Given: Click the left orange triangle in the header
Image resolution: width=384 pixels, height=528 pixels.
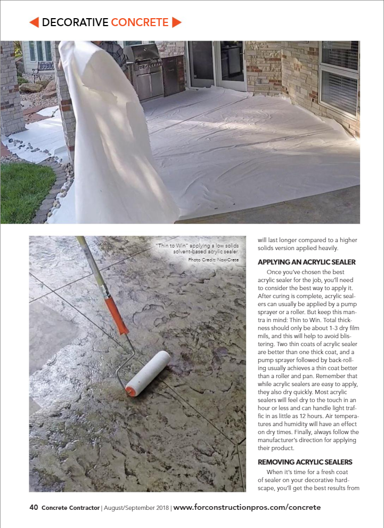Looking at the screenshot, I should [34, 22].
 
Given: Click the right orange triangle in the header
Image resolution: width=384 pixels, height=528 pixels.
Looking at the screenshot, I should [177, 22].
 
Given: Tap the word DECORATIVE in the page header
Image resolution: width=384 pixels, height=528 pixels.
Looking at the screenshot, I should [75, 22].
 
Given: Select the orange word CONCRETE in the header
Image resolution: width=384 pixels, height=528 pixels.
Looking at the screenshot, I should [140, 22].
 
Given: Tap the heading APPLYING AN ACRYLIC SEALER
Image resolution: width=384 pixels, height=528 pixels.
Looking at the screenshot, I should [306, 262].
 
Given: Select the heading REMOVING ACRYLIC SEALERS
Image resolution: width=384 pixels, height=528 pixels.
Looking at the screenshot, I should [305, 461].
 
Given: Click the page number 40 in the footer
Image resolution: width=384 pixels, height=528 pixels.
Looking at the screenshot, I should [34, 507].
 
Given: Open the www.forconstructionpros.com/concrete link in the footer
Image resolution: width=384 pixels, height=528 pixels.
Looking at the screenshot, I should [247, 507].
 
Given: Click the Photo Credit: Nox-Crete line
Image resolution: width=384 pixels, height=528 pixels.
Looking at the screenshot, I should [214, 260].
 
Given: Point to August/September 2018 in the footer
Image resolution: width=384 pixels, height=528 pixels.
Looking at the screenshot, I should [136, 508].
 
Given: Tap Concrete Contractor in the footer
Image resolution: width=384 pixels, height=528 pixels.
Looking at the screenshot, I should [70, 508].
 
